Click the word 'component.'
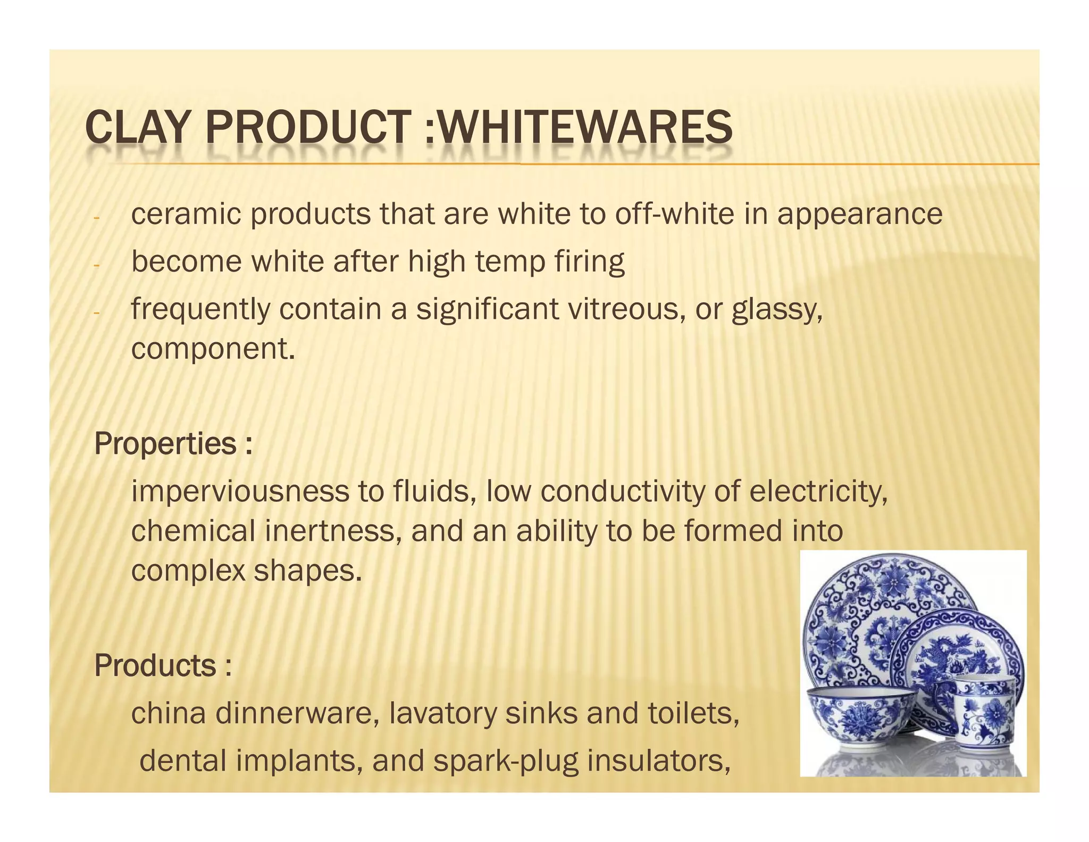tap(213, 350)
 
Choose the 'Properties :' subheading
tap(173, 444)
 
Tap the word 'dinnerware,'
tap(297, 713)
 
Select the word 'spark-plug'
tap(505, 761)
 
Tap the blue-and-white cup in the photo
tap(983, 713)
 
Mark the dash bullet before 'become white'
tap(96, 265)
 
